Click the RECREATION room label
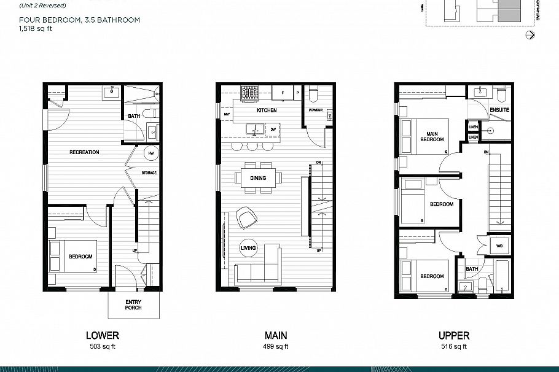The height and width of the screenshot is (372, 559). point(84,152)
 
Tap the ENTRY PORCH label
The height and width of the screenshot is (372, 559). point(133,304)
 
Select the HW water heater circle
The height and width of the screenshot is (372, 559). point(150,154)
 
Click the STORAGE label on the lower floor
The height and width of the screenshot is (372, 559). point(149,173)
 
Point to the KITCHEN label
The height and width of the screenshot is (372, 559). point(267,110)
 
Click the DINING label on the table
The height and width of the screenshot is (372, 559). point(258,179)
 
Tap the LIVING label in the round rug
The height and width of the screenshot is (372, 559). point(249,248)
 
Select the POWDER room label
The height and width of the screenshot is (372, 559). point(316,110)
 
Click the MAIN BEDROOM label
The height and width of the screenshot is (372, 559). point(431,136)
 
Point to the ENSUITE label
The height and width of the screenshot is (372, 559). point(499,110)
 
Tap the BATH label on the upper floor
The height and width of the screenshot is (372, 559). point(472,269)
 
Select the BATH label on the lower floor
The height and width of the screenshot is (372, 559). point(134,116)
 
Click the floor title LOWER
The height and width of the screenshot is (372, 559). point(103,336)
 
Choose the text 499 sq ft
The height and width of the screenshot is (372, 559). point(276,347)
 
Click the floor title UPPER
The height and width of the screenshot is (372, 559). point(454,336)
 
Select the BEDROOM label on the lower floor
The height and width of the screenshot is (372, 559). point(80,257)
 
